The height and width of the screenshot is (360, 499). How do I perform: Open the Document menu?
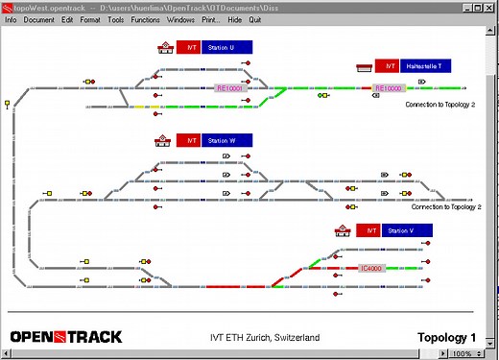pyautogui.click(x=39, y=19)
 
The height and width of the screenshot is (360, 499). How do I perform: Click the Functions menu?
pyautogui.click(x=146, y=19)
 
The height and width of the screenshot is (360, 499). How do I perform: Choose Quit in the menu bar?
pyautogui.click(x=255, y=19)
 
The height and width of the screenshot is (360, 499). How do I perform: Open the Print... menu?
pyautogui.click(x=210, y=19)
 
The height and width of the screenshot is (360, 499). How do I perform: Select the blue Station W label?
pyautogui.click(x=226, y=140)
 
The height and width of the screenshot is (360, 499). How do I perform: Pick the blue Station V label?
pyautogui.click(x=405, y=230)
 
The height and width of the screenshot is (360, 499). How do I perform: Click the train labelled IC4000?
pyautogui.click(x=371, y=268)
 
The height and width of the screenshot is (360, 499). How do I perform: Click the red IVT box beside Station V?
pyautogui.click(x=368, y=230)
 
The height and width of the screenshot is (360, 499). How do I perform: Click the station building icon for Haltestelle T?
pyautogui.click(x=364, y=67)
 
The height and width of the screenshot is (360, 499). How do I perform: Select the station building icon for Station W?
pyautogui.click(x=163, y=140)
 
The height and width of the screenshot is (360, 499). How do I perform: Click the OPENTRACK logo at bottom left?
pyautogui.click(x=65, y=337)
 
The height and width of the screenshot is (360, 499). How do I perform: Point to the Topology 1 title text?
pyautogui.click(x=446, y=337)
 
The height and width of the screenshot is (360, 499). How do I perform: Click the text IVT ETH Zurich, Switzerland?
pyautogui.click(x=265, y=338)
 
